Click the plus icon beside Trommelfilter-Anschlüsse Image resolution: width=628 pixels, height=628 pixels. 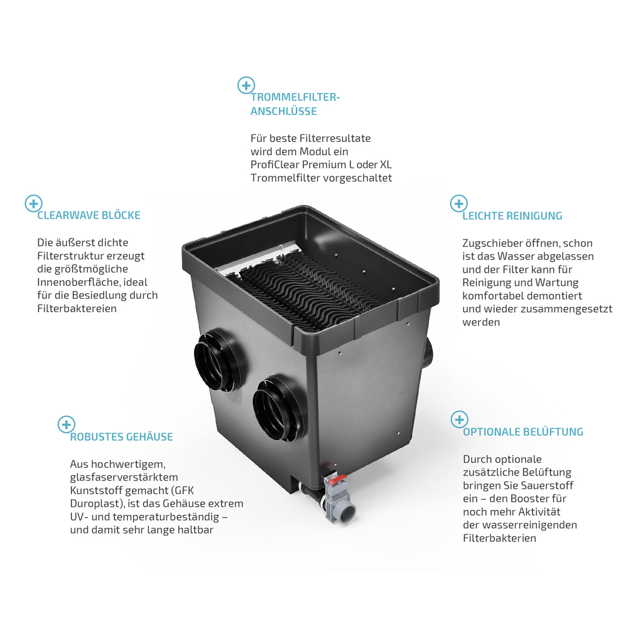click(246, 85)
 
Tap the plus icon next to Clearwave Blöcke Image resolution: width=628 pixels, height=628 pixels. click(34, 203)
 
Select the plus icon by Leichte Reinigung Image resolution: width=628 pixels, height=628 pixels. click(459, 204)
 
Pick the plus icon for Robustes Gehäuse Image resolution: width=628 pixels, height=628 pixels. click(67, 425)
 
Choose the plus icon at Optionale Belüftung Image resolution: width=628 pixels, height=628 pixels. click(460, 420)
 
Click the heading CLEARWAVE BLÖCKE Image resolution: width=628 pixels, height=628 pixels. click(89, 215)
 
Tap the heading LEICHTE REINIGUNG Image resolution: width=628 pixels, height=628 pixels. click(512, 216)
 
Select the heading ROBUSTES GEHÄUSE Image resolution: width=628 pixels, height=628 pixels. click(121, 436)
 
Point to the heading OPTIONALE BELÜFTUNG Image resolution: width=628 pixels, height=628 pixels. click(523, 432)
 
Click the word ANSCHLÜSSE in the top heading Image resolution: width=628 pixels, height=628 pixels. click(284, 111)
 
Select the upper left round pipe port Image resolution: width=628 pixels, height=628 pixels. click(219, 360)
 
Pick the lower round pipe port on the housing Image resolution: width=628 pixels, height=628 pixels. click(278, 409)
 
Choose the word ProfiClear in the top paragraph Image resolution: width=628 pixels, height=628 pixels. click(275, 165)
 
